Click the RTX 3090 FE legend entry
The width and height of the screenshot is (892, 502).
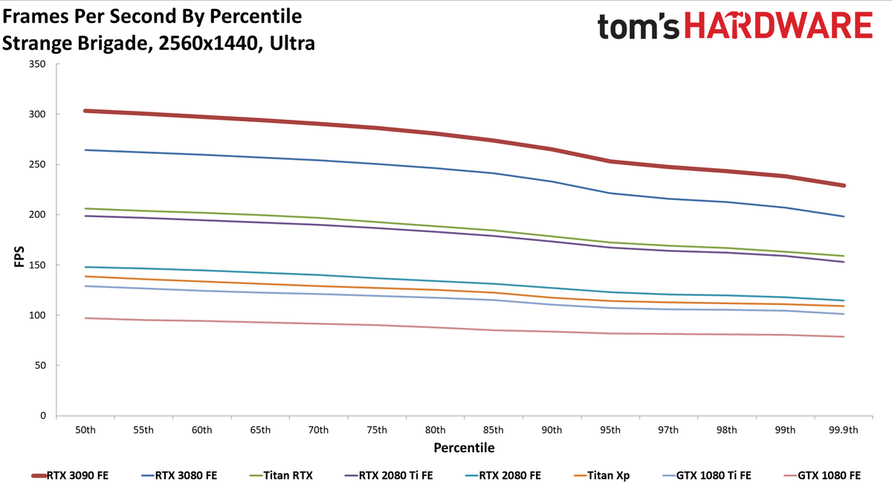coord(70,475)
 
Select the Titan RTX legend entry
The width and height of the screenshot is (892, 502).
coord(281,475)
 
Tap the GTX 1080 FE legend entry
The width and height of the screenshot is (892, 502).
coord(822,475)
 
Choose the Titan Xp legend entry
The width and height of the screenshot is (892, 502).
coord(601,476)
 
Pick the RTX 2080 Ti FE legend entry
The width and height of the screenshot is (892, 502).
coord(389,475)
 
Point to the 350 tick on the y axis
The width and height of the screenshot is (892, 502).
coord(37,64)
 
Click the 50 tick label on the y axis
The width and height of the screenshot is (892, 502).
coord(40,365)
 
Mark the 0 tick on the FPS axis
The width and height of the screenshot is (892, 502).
coord(43,416)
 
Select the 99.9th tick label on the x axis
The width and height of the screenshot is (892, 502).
coord(844,430)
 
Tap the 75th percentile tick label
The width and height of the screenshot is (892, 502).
coord(377,430)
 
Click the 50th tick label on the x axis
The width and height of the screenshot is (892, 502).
coord(85,430)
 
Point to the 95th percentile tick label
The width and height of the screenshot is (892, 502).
coord(610,430)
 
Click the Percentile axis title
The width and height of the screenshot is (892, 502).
coord(464,448)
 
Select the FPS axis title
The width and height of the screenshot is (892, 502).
coord(19,257)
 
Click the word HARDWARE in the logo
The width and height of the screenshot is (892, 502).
coord(778,25)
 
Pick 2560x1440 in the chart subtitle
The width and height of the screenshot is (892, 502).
coord(207,43)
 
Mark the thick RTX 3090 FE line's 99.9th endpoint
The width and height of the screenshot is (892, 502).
coord(844,185)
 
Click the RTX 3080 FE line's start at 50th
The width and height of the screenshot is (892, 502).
coord(85,149)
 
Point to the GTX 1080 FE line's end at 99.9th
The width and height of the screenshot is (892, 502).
coord(844,337)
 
